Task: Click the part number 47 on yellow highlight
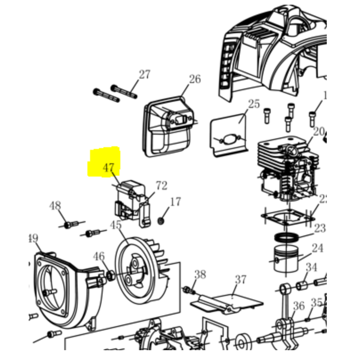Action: pos(109,168)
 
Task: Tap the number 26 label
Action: pos(194,80)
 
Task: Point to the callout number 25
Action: pos(254,104)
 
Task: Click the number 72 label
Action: pos(161,185)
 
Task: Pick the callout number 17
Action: pos(175,202)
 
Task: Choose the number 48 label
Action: pos(55,206)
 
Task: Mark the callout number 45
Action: pos(116,224)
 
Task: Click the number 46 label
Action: pos(99,257)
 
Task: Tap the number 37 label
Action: pos(241,279)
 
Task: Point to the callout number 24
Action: pos(318,248)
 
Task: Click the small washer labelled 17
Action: pos(161,220)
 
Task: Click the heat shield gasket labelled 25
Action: pos(229,135)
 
